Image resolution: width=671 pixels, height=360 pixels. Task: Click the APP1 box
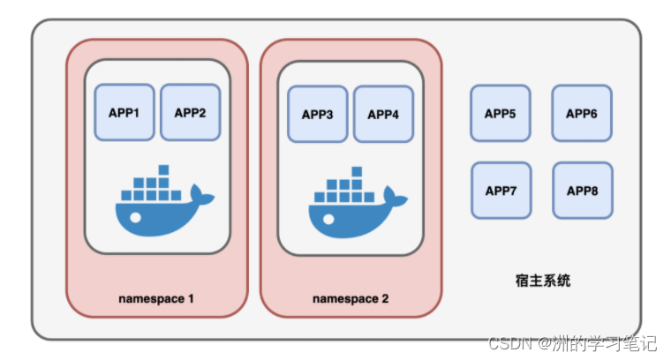pyautogui.click(x=124, y=112)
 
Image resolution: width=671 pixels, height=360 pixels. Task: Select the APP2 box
pyautogui.click(x=191, y=112)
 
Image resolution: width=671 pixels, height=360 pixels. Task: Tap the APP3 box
pyautogui.click(x=318, y=114)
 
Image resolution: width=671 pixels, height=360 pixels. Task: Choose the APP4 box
pyautogui.click(x=383, y=114)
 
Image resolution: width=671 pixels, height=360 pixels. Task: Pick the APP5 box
pyautogui.click(x=501, y=113)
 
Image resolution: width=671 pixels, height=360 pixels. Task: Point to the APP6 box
pyautogui.click(x=582, y=113)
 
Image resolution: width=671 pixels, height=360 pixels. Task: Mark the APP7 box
pyautogui.click(x=501, y=191)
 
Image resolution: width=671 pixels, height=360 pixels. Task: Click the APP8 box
pyautogui.click(x=583, y=191)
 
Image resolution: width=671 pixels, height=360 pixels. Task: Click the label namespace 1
pyautogui.click(x=156, y=298)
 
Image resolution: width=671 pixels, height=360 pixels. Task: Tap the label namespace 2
pyautogui.click(x=351, y=298)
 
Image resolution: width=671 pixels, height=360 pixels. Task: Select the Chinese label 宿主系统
pyautogui.click(x=543, y=281)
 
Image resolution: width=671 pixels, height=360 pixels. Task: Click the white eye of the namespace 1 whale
pyautogui.click(x=136, y=218)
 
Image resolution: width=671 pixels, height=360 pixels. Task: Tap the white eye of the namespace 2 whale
pyautogui.click(x=328, y=220)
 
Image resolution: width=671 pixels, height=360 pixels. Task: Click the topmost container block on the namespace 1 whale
pyautogui.click(x=163, y=169)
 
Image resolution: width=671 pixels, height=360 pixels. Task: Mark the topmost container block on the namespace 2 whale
pyautogui.click(x=357, y=171)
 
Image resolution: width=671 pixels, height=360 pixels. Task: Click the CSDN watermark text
pyautogui.click(x=573, y=343)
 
